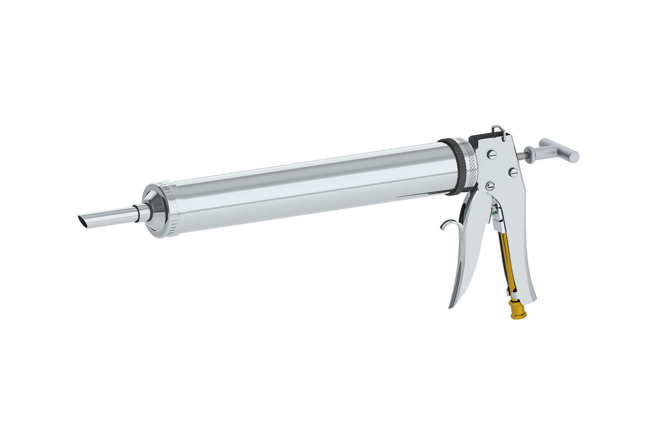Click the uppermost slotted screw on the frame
[x=491, y=154]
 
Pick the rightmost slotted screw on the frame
[x=512, y=171]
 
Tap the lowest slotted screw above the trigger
[x=490, y=185]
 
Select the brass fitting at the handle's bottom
[x=516, y=310]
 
